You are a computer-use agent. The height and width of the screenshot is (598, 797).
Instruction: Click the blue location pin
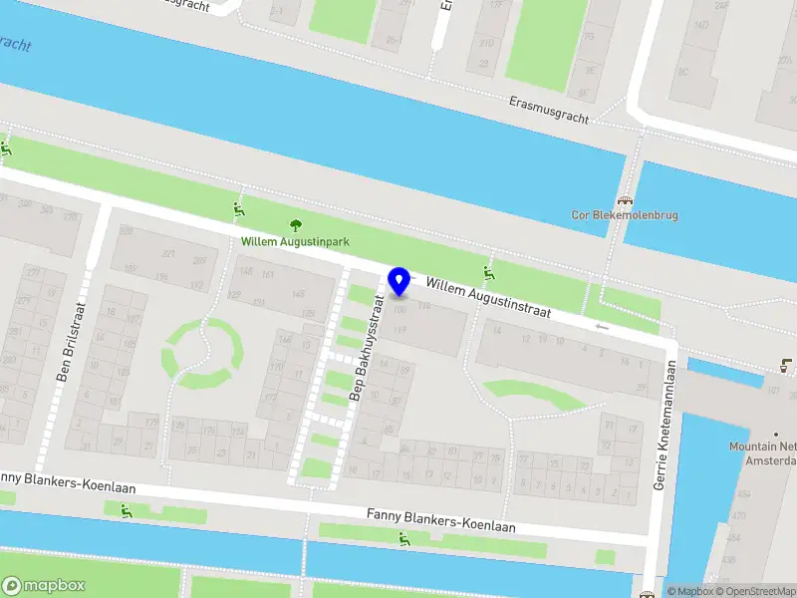(x=399, y=281)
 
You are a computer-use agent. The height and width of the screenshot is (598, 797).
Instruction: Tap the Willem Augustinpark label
(x=295, y=241)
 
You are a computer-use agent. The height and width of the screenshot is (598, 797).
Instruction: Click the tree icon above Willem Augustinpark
(x=295, y=225)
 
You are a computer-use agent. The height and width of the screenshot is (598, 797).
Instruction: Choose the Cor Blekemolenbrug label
(x=626, y=213)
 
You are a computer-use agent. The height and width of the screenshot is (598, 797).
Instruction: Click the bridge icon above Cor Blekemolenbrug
(x=626, y=199)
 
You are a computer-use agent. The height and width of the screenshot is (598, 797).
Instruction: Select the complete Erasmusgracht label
(x=549, y=110)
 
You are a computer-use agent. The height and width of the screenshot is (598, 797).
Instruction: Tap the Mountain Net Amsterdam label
(x=764, y=453)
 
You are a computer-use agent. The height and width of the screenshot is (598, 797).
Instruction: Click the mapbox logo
(x=44, y=586)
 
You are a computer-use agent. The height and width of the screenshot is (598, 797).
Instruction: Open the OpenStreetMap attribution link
(x=755, y=591)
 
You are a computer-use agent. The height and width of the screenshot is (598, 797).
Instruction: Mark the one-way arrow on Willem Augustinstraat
(x=601, y=326)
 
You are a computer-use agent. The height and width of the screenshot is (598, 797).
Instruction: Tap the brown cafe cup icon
(x=789, y=364)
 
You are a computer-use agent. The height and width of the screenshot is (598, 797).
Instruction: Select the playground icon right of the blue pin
(x=489, y=274)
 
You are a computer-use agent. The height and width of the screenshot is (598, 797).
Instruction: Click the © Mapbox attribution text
(x=690, y=591)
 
